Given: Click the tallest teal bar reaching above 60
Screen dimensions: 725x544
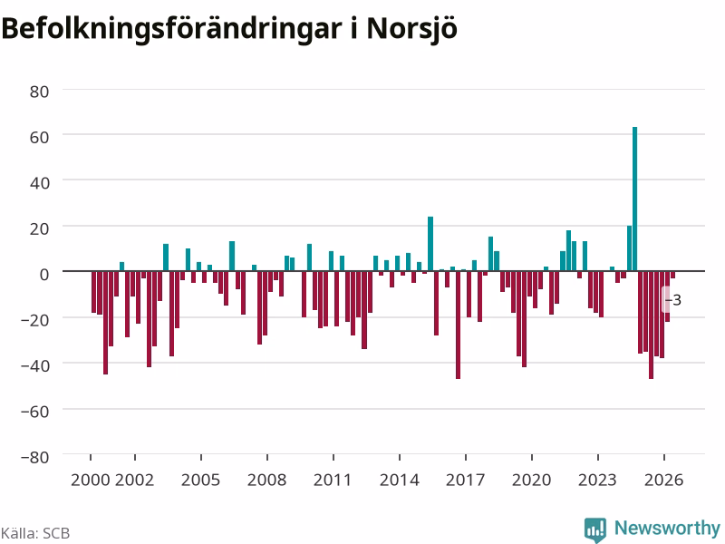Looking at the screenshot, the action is (x=635, y=199).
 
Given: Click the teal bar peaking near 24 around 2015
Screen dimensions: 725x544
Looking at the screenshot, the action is (x=430, y=244).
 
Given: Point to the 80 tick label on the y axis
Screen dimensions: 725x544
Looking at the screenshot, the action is (x=39, y=92).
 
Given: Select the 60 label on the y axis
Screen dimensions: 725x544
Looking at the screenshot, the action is (x=39, y=138).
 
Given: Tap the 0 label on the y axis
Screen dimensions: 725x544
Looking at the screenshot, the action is (x=43, y=275).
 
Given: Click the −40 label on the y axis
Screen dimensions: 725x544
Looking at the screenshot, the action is (x=35, y=366).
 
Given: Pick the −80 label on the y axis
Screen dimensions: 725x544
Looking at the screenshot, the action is (x=35, y=457).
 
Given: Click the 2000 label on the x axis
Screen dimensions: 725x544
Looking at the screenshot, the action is (x=90, y=480).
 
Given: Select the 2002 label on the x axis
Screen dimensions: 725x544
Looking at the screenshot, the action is (x=134, y=480).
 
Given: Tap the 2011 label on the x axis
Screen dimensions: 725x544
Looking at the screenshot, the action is (x=333, y=480).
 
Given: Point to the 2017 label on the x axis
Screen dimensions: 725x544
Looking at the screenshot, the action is (x=465, y=480).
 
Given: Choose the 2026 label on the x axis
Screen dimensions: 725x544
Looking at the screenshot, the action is (x=664, y=480).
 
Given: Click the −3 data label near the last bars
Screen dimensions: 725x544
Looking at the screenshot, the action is (x=673, y=300).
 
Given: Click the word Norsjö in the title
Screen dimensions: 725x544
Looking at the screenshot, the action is (x=412, y=29).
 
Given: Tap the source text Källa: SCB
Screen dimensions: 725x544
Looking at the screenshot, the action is (x=35, y=533).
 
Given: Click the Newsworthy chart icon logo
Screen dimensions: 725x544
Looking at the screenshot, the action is (x=595, y=529).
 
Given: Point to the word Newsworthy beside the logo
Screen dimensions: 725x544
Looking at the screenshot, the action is (x=667, y=528).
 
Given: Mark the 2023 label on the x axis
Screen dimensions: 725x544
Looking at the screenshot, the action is (x=597, y=480).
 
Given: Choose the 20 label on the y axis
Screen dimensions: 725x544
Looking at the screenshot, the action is (x=39, y=229).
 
